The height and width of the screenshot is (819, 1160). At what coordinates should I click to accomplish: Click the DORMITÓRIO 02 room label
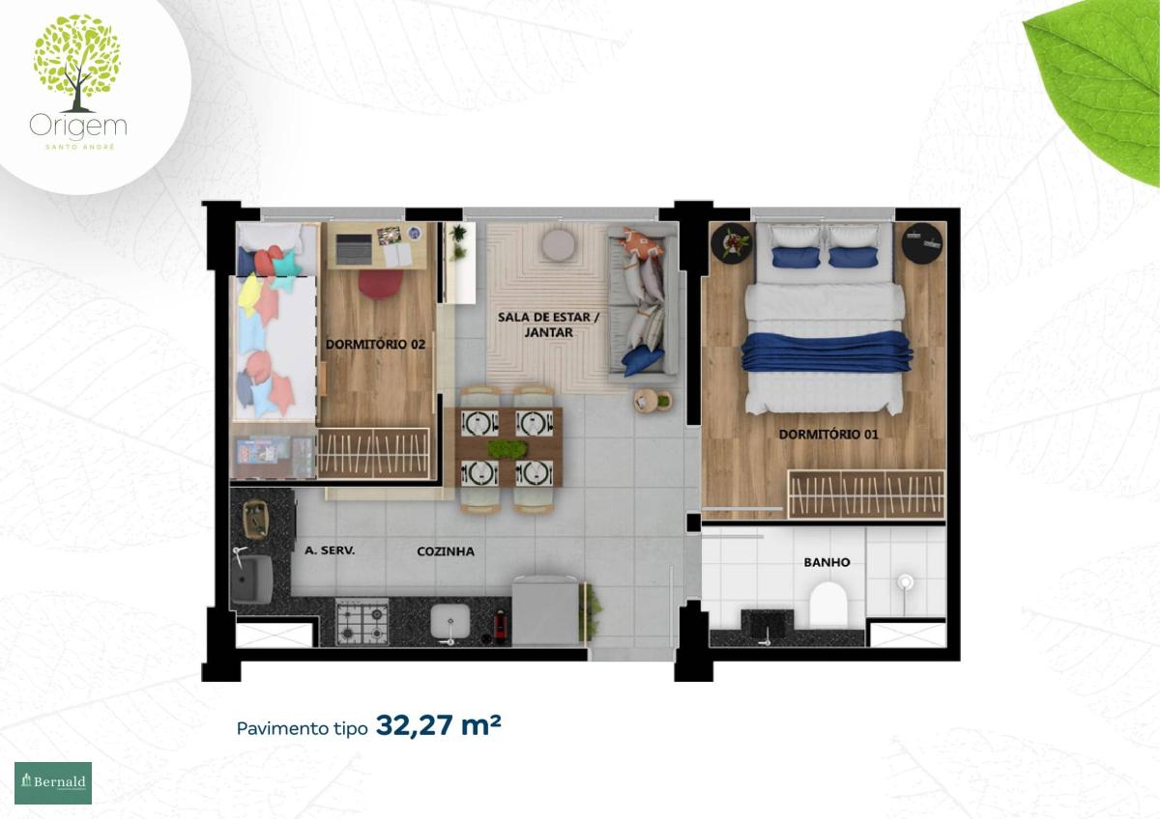pos(375,344)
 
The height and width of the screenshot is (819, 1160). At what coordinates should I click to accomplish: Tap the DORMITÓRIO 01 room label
pos(828,434)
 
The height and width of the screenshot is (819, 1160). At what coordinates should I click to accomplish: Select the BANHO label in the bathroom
pos(826,562)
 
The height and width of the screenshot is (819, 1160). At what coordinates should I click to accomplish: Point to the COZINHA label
pos(446,551)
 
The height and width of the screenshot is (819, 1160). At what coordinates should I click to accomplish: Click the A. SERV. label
pos(330,551)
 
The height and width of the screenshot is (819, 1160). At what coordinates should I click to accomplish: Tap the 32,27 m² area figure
pos(438,725)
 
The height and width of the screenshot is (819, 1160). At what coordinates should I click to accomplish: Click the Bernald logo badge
pos(53,783)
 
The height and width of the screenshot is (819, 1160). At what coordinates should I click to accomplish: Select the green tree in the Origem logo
pos(77,63)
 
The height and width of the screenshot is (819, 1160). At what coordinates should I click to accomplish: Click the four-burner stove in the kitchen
pos(362,621)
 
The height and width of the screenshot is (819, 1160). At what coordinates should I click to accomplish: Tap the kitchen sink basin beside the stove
pos(450,621)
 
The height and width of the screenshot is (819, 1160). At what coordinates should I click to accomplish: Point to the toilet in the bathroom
pos(828,604)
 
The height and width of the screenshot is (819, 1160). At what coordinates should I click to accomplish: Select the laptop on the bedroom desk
pos(354,247)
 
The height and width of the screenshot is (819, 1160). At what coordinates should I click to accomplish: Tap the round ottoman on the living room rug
pos(559,244)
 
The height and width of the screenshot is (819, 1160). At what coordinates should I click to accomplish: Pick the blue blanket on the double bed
pos(827,352)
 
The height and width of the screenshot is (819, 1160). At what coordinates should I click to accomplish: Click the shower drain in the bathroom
pos(905,582)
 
